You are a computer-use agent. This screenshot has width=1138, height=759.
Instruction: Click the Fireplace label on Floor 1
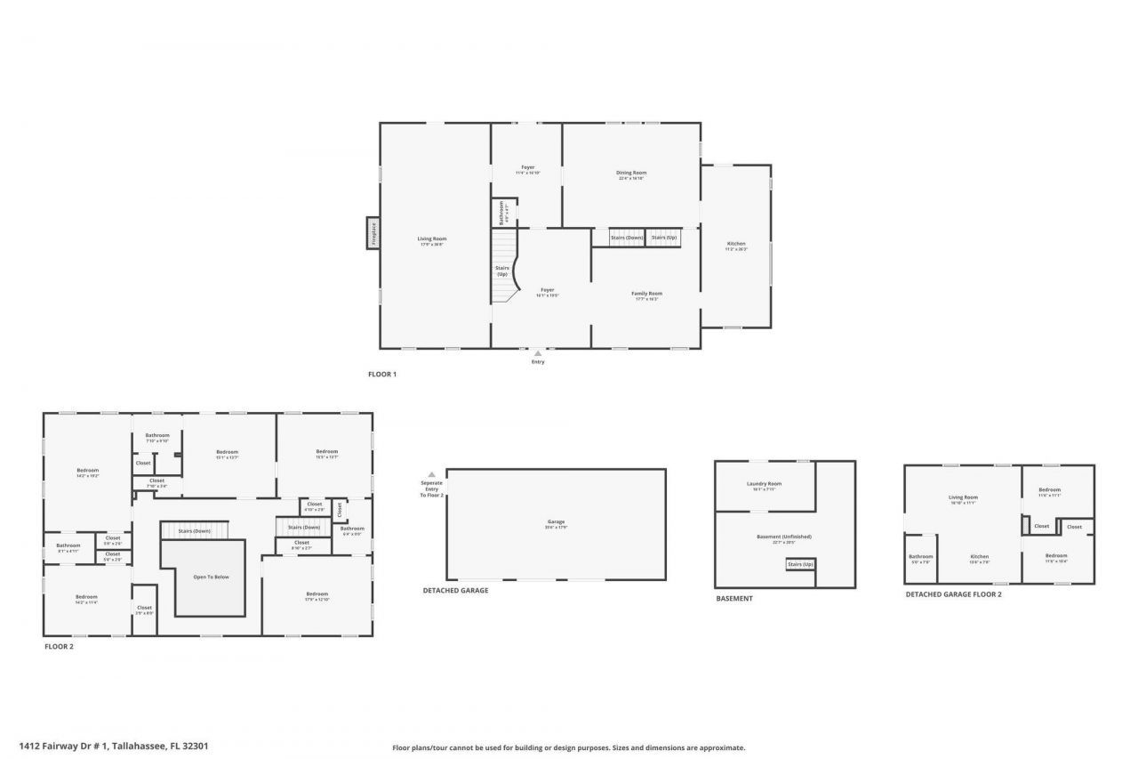tap(373, 233)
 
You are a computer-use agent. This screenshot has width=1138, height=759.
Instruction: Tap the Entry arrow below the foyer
tap(538, 353)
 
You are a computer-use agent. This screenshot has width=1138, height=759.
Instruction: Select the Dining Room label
tap(631, 173)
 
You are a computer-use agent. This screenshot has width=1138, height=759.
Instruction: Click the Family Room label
tap(647, 294)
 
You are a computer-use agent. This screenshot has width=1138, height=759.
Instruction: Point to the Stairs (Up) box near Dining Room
tap(663, 238)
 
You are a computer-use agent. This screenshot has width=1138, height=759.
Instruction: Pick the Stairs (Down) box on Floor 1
tap(627, 238)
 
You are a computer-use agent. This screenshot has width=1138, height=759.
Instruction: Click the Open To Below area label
tap(211, 577)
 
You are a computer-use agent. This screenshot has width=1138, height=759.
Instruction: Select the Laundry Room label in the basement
tap(764, 484)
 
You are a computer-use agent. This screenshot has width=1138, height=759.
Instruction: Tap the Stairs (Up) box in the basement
tap(800, 564)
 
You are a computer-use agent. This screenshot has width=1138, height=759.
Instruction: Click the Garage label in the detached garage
tap(556, 522)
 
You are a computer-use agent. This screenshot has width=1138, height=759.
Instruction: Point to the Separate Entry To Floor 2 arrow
tap(431, 475)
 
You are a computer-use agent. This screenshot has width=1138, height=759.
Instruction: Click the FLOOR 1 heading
tap(382, 375)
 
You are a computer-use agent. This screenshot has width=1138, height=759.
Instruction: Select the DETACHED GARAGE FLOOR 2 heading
tap(953, 594)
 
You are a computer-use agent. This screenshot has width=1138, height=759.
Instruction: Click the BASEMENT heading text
tap(734, 599)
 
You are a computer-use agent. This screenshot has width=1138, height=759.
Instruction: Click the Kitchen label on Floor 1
tap(736, 244)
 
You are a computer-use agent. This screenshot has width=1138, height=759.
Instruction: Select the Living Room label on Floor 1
tap(432, 238)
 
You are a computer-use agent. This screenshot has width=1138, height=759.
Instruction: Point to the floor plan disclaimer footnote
tap(569, 748)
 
